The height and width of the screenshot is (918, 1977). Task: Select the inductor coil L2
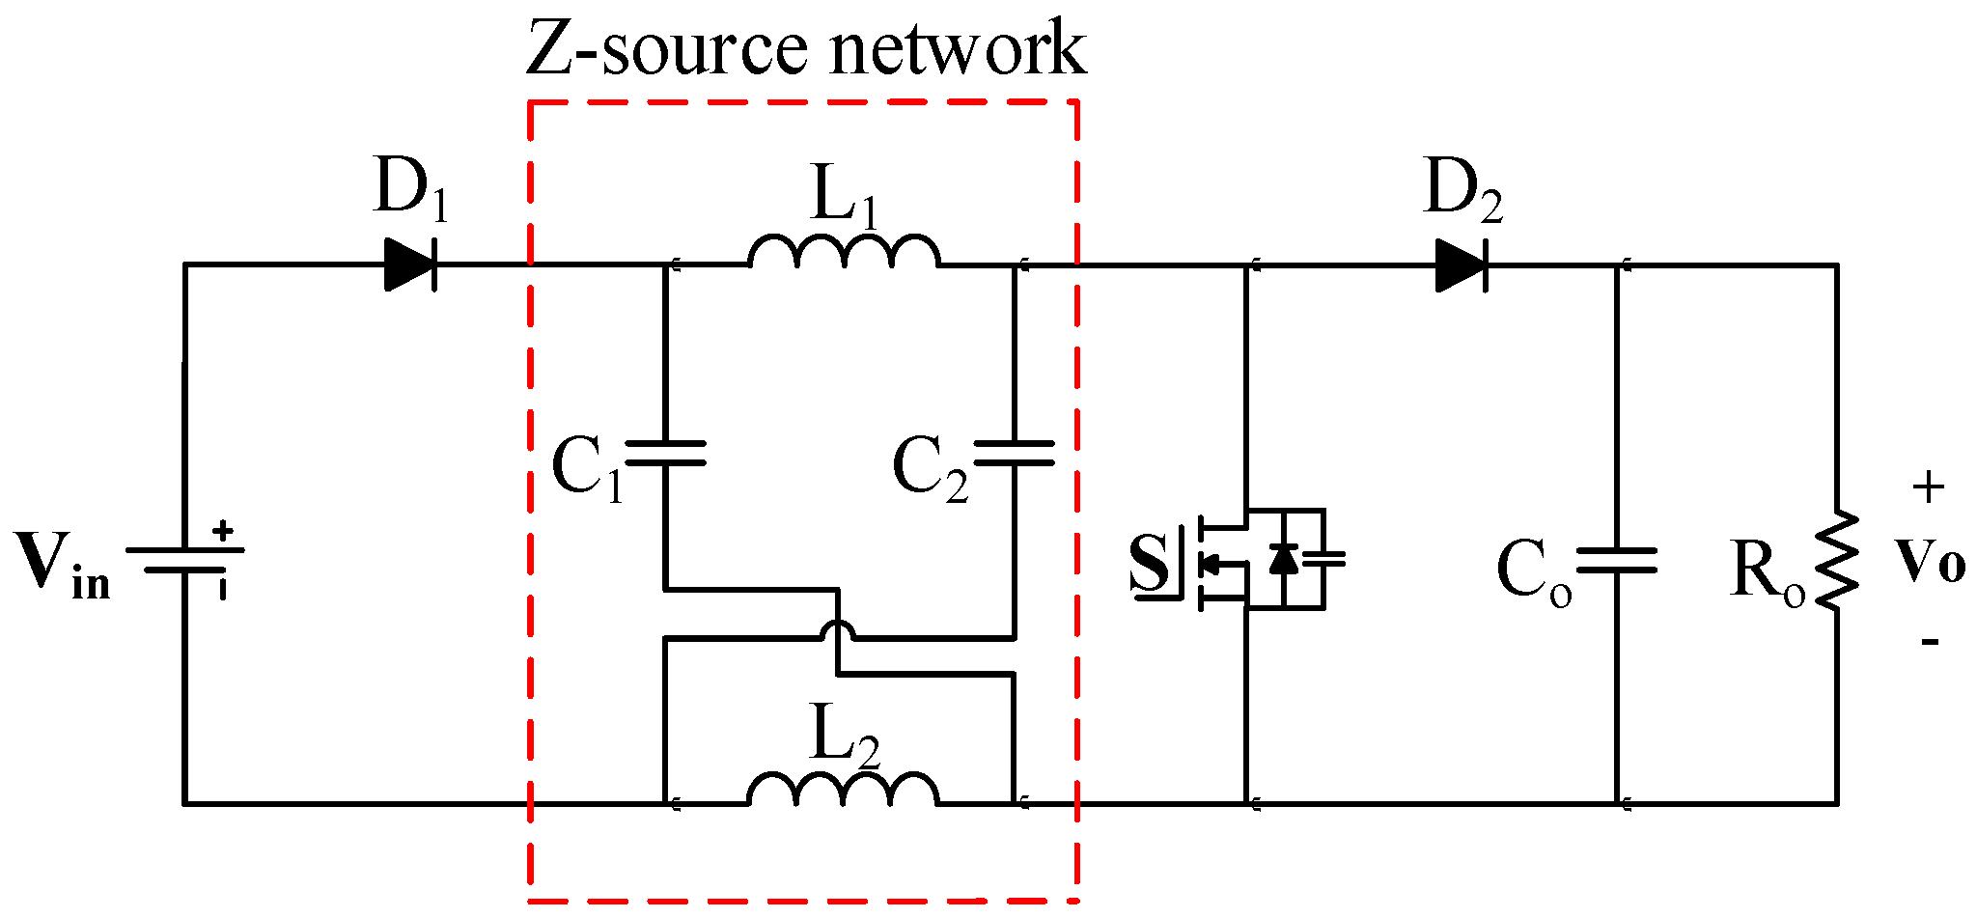[x=844, y=791]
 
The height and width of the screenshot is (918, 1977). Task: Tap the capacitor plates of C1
[x=666, y=454]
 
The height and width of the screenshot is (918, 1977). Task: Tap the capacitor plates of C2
[x=1014, y=454]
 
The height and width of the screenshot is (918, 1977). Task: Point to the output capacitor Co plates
[x=1617, y=560]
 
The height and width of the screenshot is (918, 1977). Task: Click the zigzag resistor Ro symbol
[x=1837, y=560]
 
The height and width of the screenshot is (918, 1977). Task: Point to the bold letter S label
[x=1149, y=562]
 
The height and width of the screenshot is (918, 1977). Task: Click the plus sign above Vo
[x=1928, y=488]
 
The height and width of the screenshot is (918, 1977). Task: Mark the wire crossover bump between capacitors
[x=838, y=631]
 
